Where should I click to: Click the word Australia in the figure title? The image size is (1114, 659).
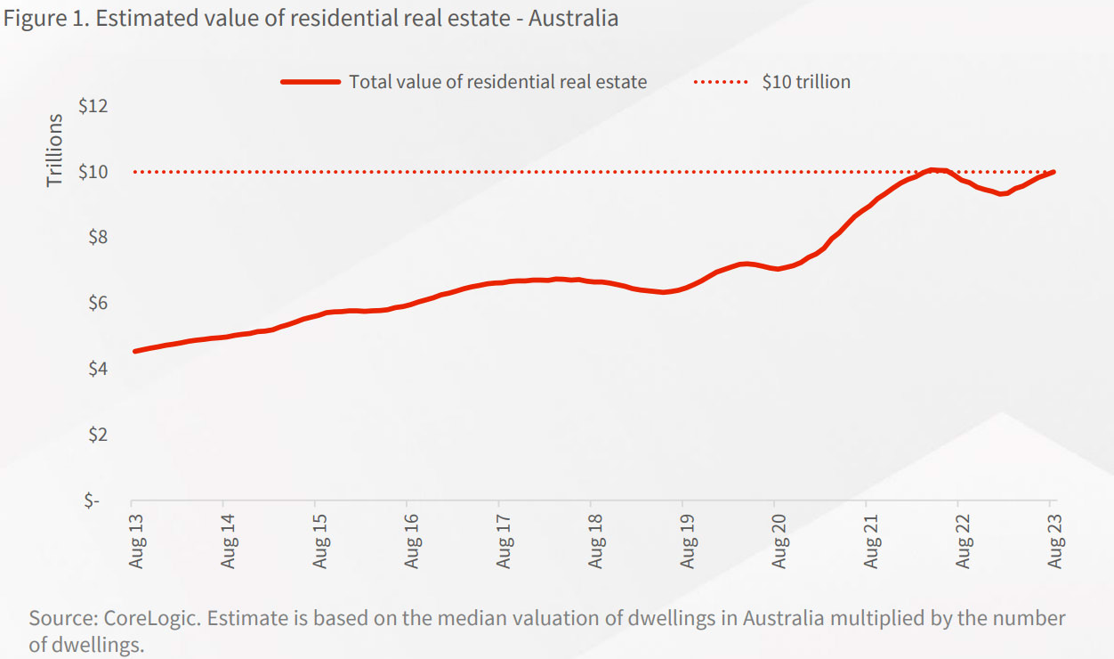pyautogui.click(x=573, y=18)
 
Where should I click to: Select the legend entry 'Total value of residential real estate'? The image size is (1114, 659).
pyautogui.click(x=497, y=82)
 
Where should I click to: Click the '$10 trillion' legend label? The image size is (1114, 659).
pyautogui.click(x=806, y=82)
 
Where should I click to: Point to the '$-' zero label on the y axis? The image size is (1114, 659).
pyautogui.click(x=93, y=500)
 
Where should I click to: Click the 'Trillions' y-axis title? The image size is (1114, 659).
pyautogui.click(x=55, y=150)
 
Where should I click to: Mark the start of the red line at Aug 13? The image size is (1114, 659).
pyautogui.click(x=134, y=351)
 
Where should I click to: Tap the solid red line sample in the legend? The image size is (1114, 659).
pyautogui.click(x=311, y=82)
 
